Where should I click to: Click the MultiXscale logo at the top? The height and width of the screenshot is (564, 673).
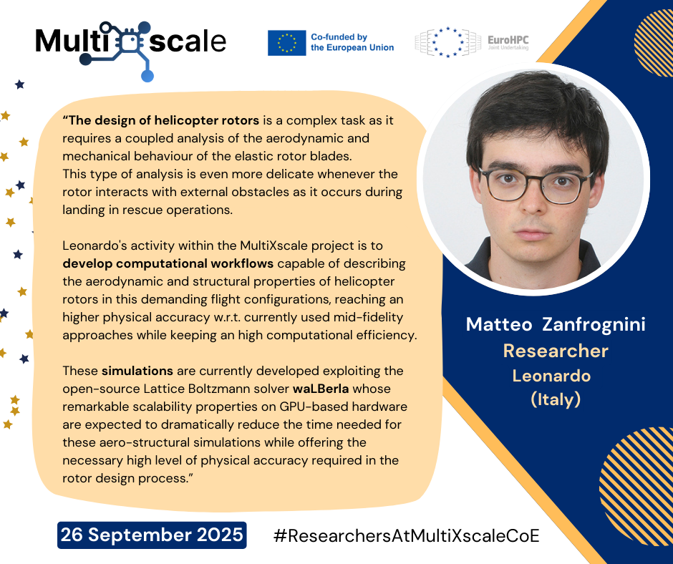(131, 49)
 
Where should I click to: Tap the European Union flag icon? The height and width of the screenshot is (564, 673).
(286, 43)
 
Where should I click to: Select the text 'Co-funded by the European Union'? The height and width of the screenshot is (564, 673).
(352, 42)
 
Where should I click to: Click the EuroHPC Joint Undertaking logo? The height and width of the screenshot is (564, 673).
(472, 42)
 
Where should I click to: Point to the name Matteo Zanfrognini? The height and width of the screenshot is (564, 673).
(556, 324)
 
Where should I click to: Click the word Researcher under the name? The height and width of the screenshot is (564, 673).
(556, 351)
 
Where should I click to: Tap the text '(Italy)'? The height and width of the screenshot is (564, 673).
(556, 399)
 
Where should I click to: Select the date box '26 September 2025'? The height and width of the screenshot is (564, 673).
(152, 535)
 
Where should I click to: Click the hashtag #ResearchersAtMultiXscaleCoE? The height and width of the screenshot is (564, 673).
(406, 535)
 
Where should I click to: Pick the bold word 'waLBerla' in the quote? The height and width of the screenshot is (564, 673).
(321, 389)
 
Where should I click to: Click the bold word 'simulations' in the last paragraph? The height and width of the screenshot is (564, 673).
(137, 371)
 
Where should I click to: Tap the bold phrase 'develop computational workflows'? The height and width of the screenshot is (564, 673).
(168, 263)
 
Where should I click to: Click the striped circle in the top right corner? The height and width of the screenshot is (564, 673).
(653, 42)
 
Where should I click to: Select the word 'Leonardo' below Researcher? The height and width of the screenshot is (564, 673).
(551, 376)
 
